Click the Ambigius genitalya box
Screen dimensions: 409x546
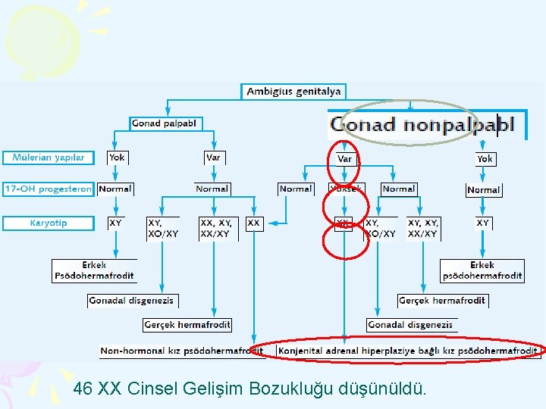(x=294, y=92)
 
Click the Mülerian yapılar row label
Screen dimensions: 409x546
(x=49, y=158)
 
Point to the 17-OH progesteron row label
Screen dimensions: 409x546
(x=49, y=189)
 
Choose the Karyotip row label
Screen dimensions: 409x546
(x=49, y=223)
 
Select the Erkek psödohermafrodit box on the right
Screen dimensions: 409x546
(x=482, y=270)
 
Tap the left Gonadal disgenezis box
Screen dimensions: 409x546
(x=131, y=301)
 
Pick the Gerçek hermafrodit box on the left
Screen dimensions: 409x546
(x=187, y=325)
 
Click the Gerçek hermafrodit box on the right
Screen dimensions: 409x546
(x=443, y=301)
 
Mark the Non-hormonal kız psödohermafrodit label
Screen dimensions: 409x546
(x=180, y=351)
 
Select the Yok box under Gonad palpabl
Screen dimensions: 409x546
(x=117, y=158)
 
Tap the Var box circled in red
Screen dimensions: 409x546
(x=344, y=159)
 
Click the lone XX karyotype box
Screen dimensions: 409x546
(x=254, y=223)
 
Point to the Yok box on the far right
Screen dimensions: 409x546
(x=485, y=159)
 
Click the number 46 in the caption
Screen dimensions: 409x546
(x=83, y=389)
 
